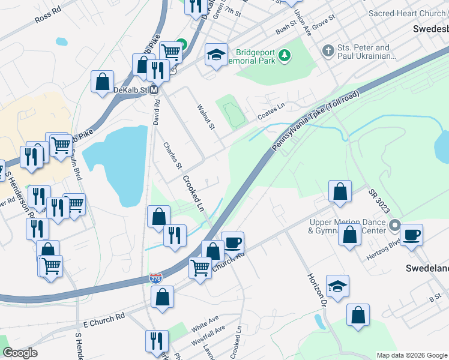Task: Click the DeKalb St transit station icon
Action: click(x=154, y=90)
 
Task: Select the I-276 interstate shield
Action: click(x=155, y=278)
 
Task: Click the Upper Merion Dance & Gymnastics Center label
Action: click(x=348, y=226)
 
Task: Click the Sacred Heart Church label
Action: click(x=408, y=13)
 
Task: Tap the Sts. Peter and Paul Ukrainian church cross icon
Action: click(x=328, y=50)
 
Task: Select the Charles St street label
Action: click(x=172, y=155)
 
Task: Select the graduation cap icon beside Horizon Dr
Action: click(x=337, y=286)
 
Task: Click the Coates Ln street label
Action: click(x=272, y=109)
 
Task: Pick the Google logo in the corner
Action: click(x=20, y=353)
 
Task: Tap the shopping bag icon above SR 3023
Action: click(x=340, y=191)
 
